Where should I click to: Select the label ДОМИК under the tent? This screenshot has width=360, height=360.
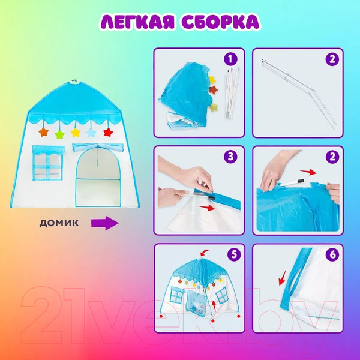[x=59, y=223]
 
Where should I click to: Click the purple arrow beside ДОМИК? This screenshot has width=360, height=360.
[x=103, y=223]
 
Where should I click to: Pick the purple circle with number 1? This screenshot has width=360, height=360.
[x=229, y=60]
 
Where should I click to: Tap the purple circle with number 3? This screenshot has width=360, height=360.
[x=229, y=158]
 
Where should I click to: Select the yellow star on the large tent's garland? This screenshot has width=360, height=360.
[x=76, y=132]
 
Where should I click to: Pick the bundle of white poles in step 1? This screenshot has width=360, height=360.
[x=229, y=93]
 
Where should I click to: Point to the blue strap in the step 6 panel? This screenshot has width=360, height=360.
[x=294, y=282]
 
